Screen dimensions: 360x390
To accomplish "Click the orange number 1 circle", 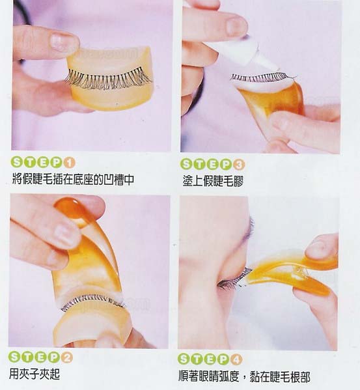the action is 70,163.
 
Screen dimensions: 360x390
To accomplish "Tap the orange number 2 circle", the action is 66,358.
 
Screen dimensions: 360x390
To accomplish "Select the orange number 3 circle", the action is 239,165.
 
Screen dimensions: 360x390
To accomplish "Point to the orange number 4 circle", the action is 236,359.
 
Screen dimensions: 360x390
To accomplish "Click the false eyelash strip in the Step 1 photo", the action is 108,78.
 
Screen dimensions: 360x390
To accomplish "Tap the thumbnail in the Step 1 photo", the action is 62,41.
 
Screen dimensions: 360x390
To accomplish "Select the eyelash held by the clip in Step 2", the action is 92,301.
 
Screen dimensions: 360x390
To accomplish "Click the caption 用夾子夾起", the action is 35,374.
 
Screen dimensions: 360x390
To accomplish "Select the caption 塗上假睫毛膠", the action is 213,181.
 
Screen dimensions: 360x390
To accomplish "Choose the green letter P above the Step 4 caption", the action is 223,359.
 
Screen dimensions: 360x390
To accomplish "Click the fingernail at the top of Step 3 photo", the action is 236,26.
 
